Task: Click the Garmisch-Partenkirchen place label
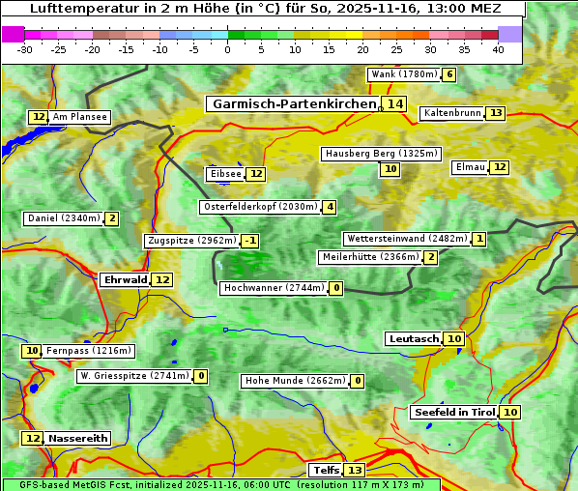click(x=293, y=103)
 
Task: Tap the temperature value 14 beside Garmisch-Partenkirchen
click(x=394, y=103)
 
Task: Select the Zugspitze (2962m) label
click(x=190, y=241)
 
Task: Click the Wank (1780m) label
click(x=403, y=74)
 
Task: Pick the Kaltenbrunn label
click(x=451, y=113)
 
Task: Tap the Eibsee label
click(x=224, y=174)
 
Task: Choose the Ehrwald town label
click(x=125, y=280)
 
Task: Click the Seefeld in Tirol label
click(x=453, y=413)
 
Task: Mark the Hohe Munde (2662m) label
click(x=295, y=381)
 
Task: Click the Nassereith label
click(x=77, y=438)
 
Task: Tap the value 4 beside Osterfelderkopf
click(x=330, y=207)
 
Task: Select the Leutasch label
click(x=414, y=339)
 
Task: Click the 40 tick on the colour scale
click(x=498, y=49)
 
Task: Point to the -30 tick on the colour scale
click(x=25, y=49)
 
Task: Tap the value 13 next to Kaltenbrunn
click(x=495, y=113)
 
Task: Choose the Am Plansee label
click(x=79, y=117)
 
